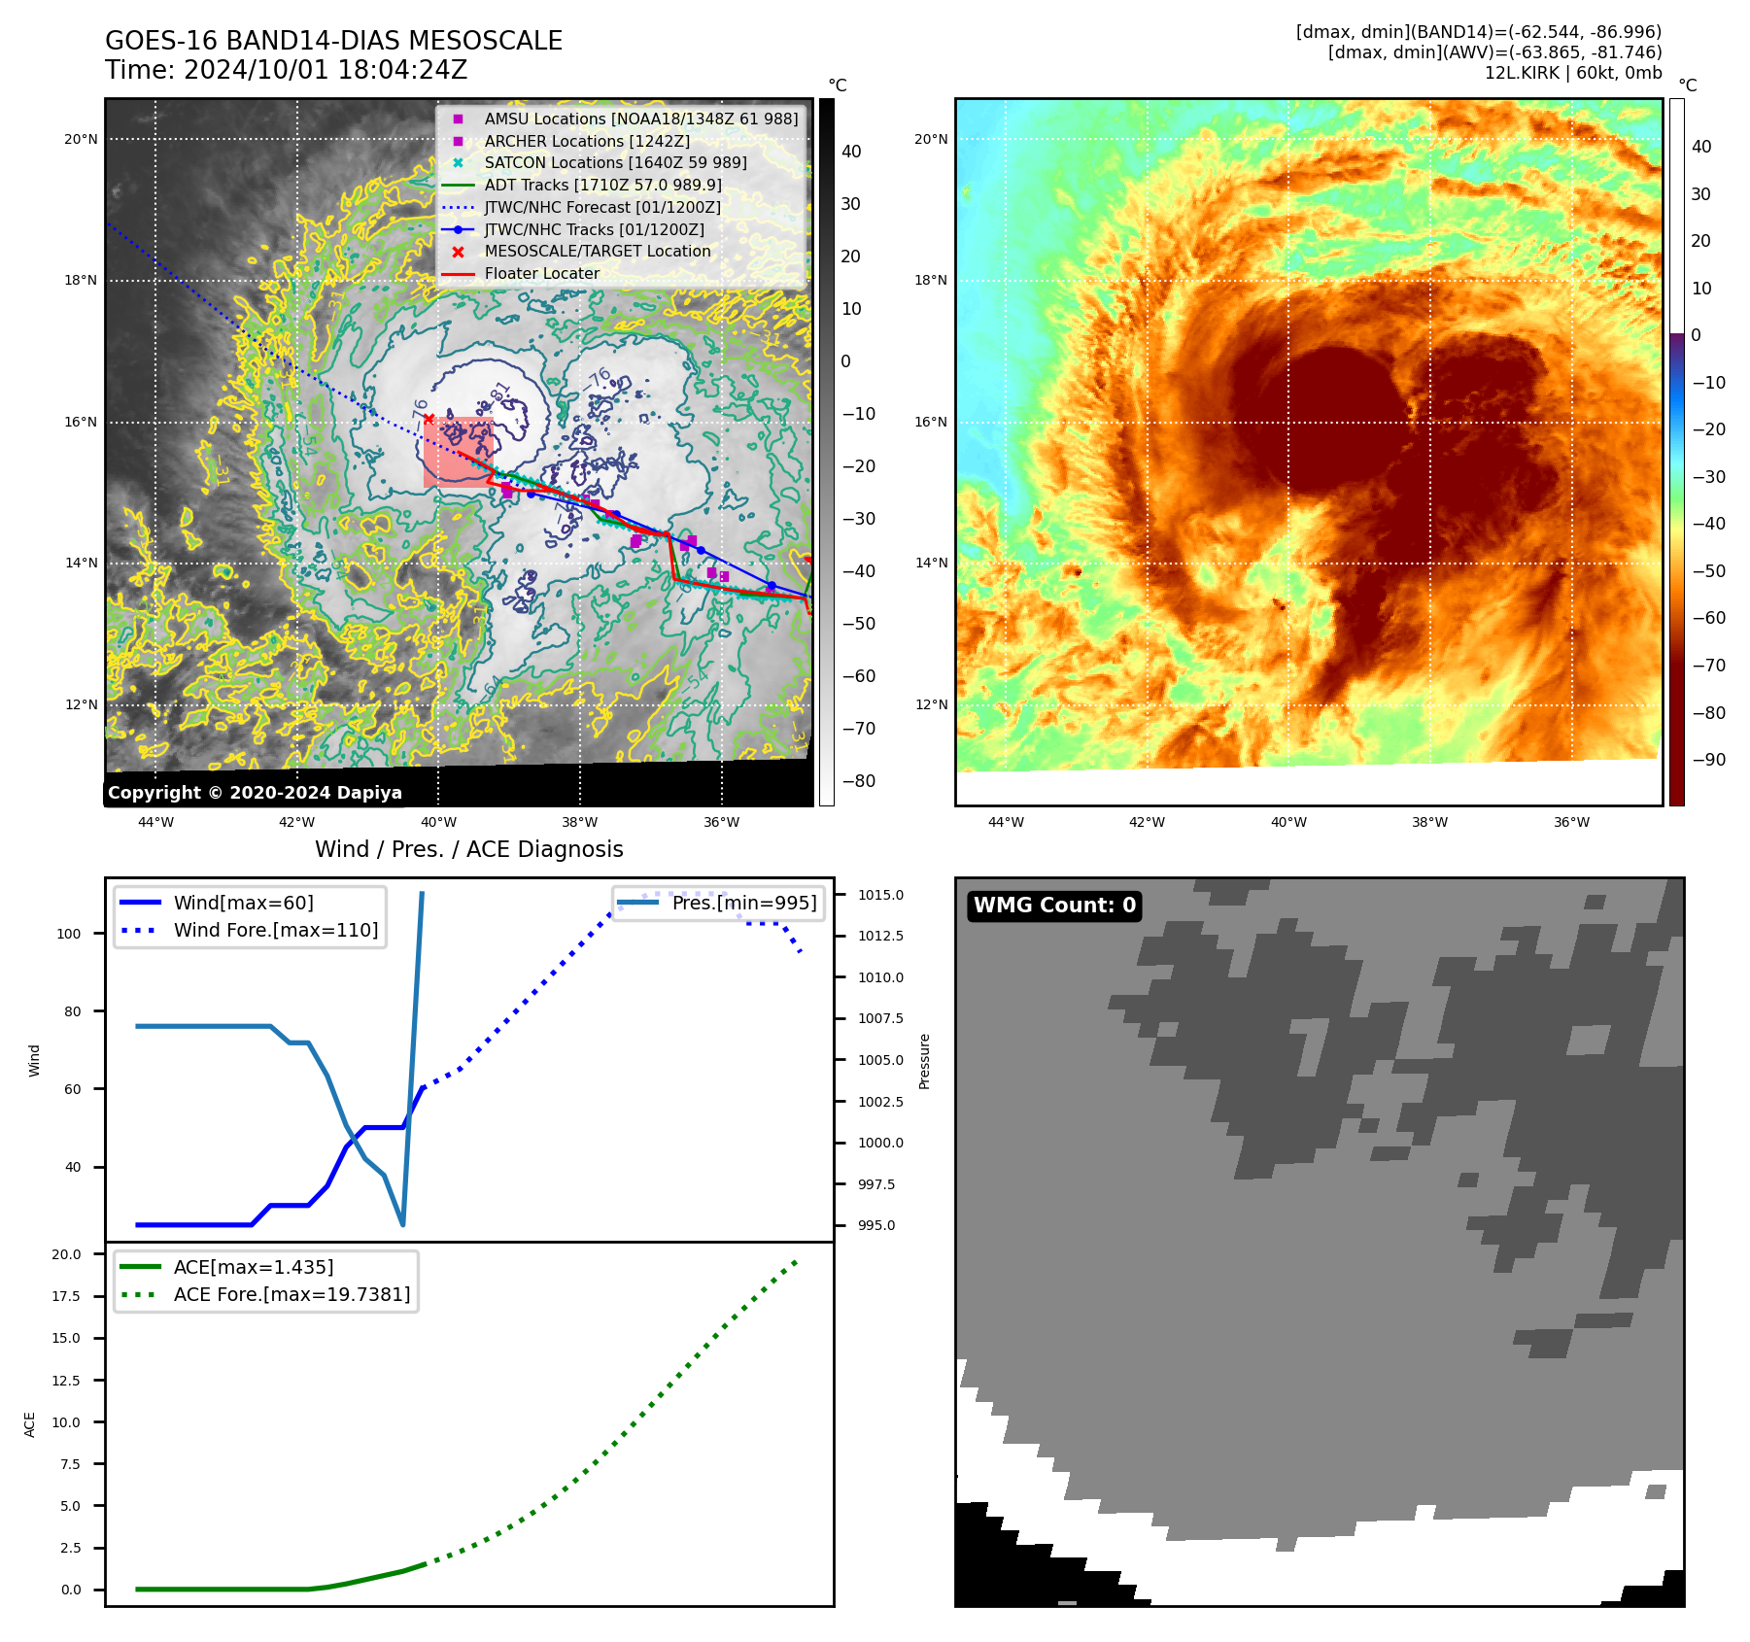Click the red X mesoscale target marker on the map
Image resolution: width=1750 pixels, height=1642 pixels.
click(x=429, y=419)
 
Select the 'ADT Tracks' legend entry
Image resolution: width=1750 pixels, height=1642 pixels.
click(x=602, y=185)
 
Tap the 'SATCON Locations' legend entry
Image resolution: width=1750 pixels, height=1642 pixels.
click(x=615, y=162)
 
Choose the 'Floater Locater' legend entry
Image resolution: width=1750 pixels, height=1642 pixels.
click(x=541, y=273)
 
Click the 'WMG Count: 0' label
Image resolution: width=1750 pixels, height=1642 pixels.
click(x=1054, y=906)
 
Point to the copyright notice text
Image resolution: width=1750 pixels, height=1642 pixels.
click(x=255, y=793)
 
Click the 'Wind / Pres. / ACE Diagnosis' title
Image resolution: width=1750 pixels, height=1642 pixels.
click(x=469, y=849)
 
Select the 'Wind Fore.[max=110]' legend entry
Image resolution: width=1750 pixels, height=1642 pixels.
click(x=276, y=930)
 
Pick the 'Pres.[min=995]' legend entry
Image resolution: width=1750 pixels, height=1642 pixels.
click(x=743, y=903)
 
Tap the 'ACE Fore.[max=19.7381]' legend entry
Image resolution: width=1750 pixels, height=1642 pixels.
click(x=292, y=1294)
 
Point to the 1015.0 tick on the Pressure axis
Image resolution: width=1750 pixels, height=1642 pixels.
click(x=880, y=895)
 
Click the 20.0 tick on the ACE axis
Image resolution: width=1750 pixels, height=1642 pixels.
click(x=66, y=1254)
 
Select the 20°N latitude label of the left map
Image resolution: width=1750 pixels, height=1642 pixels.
click(x=81, y=139)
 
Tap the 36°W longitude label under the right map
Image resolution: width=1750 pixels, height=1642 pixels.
click(x=1571, y=822)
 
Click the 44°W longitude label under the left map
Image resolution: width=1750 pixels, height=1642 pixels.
click(x=155, y=822)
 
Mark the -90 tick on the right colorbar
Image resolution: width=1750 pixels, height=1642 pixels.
click(x=1708, y=760)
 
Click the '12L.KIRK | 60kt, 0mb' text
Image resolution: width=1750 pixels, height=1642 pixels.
click(x=1572, y=73)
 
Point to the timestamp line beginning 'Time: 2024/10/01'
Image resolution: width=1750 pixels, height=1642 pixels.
click(x=287, y=70)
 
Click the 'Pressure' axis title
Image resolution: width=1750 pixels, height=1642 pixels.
click(x=924, y=1061)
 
